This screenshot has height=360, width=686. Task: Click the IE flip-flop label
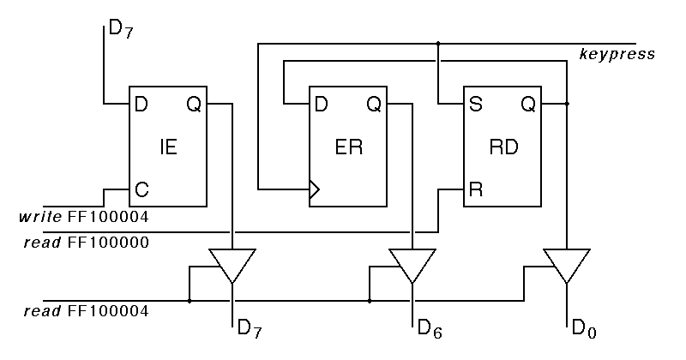[168, 147]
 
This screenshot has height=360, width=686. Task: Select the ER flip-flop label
[349, 147]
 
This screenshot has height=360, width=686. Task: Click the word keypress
[617, 55]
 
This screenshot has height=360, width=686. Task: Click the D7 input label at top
[120, 32]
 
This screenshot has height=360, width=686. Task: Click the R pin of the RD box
[474, 189]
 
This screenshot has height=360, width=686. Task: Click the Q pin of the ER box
[374, 105]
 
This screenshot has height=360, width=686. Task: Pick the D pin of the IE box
[141, 105]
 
